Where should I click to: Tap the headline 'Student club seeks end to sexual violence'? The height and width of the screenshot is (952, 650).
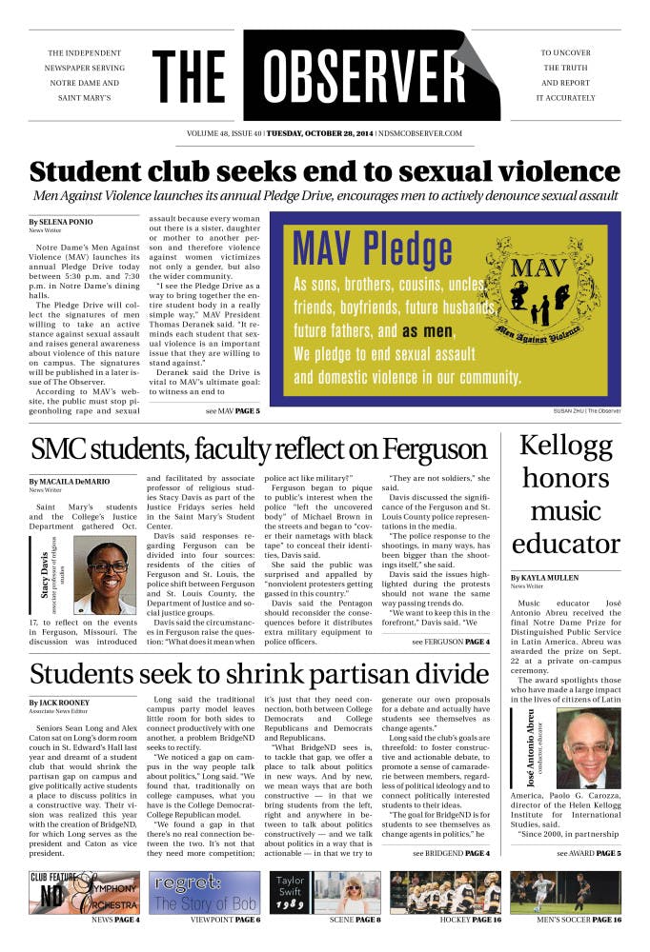pyautogui.click(x=324, y=172)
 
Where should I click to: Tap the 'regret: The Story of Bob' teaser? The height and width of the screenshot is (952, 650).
pyautogui.click(x=204, y=892)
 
